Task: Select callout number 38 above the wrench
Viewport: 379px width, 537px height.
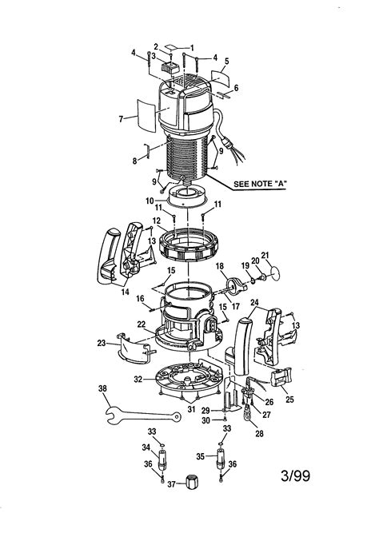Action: coord(102,389)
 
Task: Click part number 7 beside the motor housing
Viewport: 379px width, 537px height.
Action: coord(121,119)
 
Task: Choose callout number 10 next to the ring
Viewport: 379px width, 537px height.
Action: coord(150,201)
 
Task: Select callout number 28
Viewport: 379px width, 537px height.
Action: coord(260,433)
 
